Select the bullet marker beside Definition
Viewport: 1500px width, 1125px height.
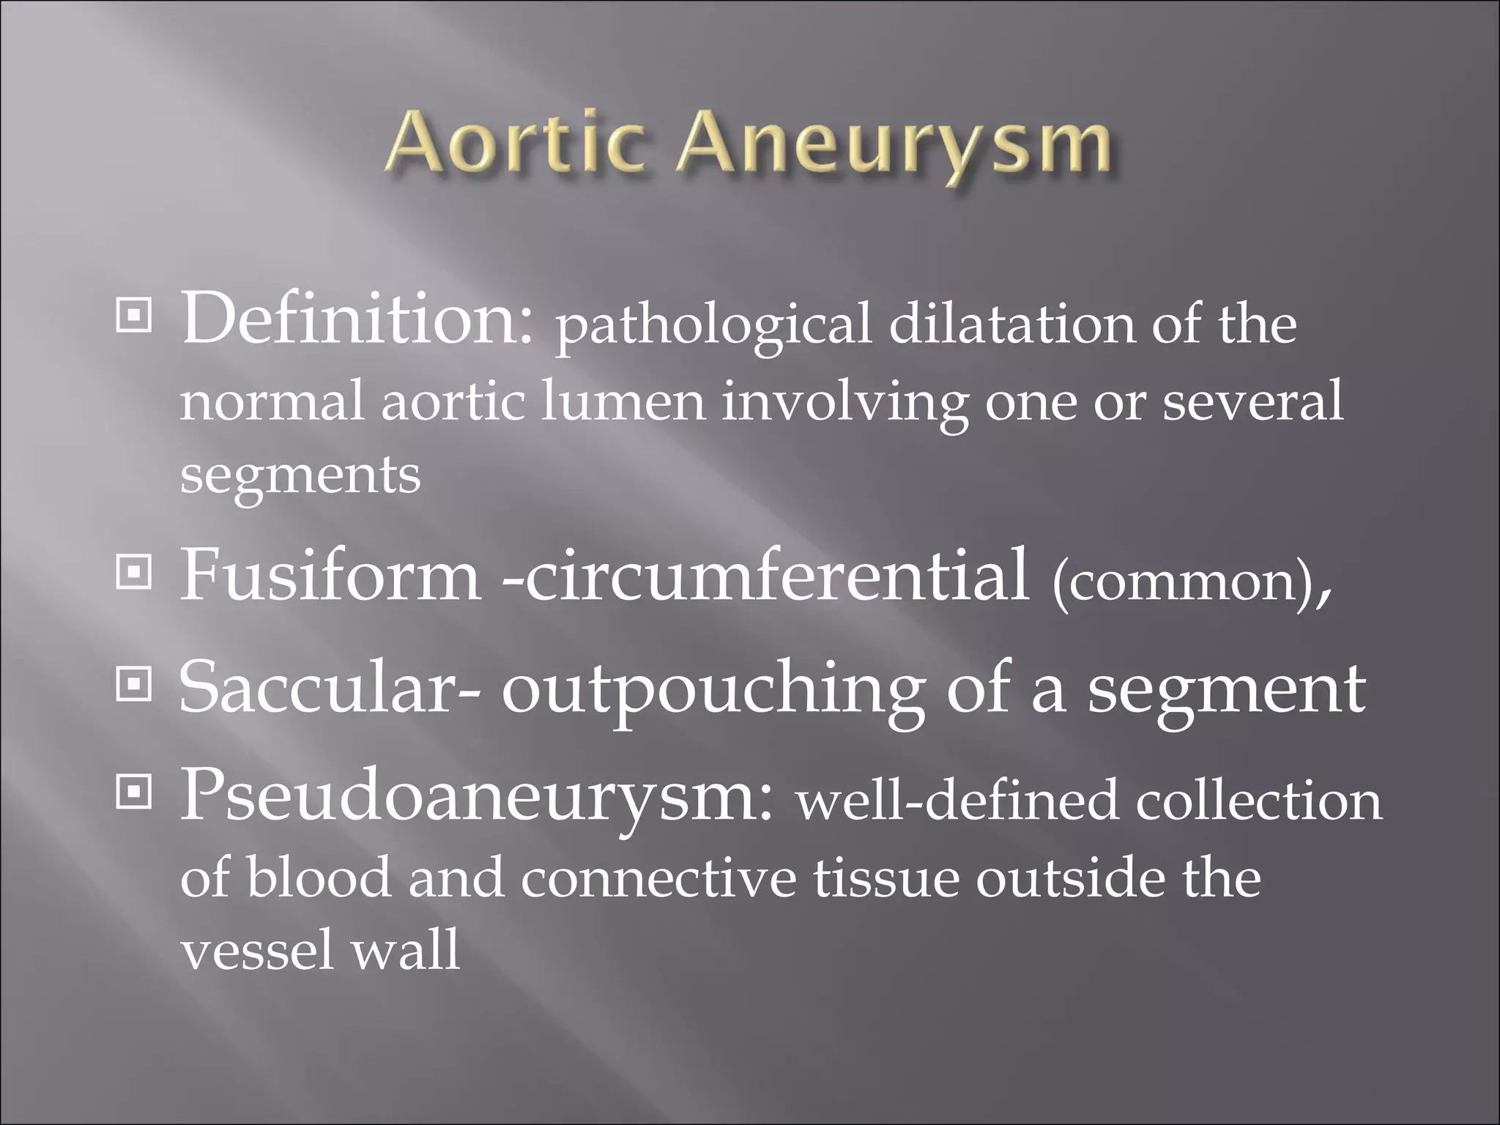click(x=134, y=316)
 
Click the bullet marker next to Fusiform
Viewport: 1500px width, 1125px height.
click(x=134, y=573)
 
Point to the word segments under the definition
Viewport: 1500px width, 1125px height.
click(x=300, y=476)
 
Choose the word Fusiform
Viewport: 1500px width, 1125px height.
click(x=330, y=575)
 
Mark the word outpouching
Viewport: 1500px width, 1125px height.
click(x=711, y=692)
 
